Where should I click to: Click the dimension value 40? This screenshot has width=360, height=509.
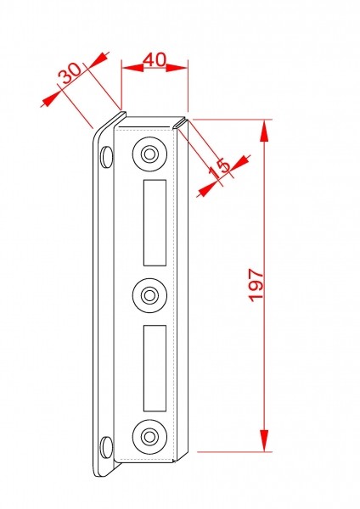coord(155,59)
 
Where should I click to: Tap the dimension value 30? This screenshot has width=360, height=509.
coord(70,73)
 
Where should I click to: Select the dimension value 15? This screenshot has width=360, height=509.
coord(219,169)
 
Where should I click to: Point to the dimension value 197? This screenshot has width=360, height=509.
coord(256,285)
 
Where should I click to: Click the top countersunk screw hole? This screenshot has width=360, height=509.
coord(149,154)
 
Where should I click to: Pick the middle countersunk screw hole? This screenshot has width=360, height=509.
coord(149,295)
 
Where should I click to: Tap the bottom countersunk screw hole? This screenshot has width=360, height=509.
coord(149,437)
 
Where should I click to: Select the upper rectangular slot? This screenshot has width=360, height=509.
coord(155,222)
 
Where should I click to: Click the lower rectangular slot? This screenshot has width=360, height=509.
coord(155,368)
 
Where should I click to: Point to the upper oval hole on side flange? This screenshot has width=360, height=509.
coord(106,157)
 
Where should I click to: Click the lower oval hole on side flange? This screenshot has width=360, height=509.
coord(106,447)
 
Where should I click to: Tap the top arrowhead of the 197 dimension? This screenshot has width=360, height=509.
coord(264,131)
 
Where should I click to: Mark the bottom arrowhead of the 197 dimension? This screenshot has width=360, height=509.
coord(264,440)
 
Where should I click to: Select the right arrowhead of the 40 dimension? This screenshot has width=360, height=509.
coord(177,68)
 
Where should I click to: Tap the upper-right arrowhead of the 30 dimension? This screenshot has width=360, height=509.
coord(98,59)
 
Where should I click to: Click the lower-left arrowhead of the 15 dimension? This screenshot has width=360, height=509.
coord(207,189)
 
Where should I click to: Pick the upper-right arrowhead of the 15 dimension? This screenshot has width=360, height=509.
coord(239,164)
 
